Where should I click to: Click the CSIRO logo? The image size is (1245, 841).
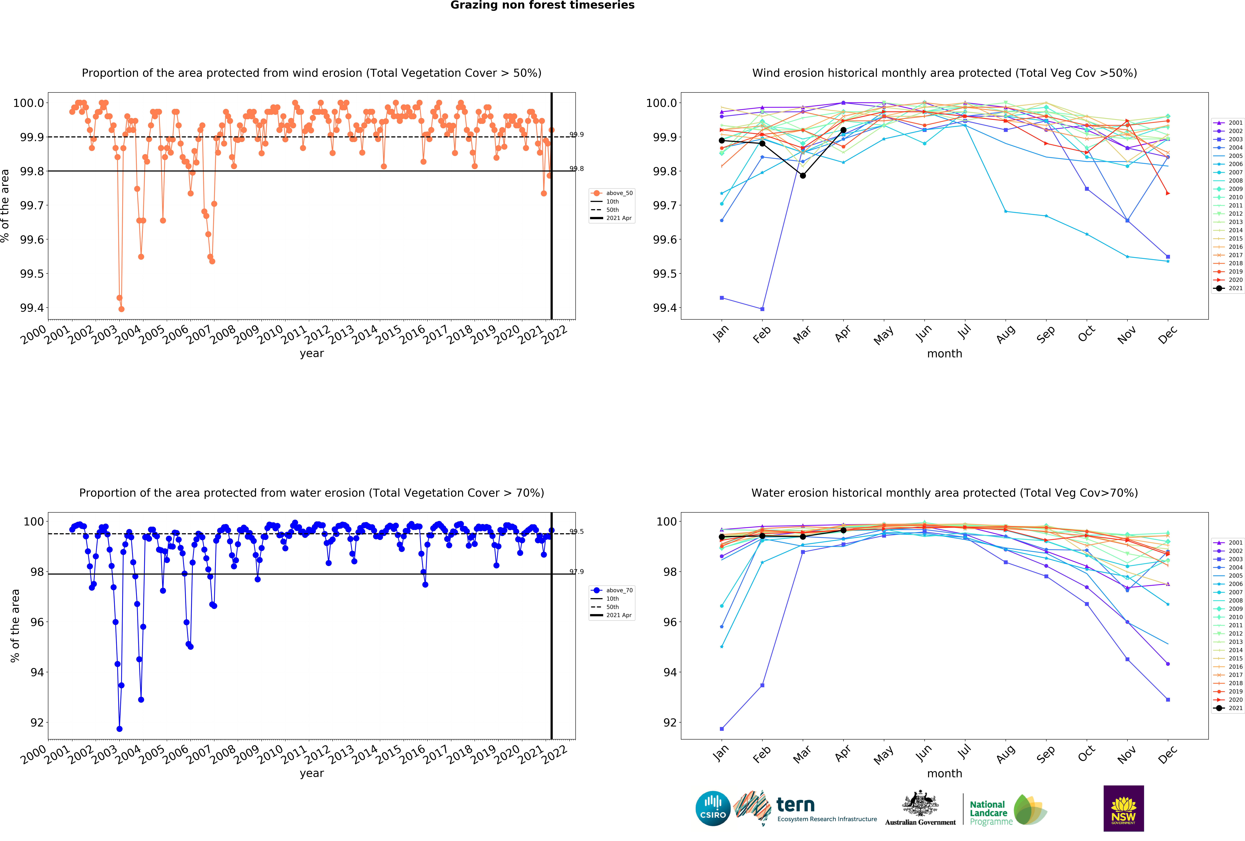tap(713, 808)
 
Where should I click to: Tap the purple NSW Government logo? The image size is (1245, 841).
tap(1123, 808)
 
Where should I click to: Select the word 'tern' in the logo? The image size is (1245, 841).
tap(795, 805)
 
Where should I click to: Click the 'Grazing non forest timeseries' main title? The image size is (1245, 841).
tap(542, 5)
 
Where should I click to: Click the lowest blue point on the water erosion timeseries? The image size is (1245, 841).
tap(119, 729)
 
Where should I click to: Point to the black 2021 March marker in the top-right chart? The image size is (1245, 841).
tap(802, 176)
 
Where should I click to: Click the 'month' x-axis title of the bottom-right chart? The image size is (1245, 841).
tap(944, 774)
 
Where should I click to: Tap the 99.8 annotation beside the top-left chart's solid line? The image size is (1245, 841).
tap(576, 169)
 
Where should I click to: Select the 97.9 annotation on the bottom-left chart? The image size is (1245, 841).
tap(576, 572)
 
